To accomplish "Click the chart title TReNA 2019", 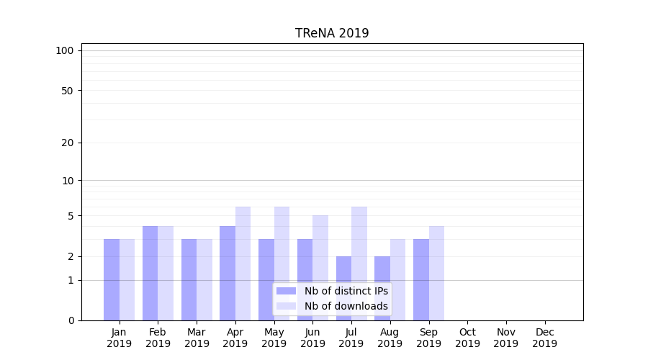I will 332,33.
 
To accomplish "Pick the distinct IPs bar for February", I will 150,273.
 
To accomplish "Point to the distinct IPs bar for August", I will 382,288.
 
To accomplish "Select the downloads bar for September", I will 436,273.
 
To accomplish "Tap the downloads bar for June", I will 320,268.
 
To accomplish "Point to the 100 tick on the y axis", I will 65,50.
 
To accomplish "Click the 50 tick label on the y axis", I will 68,91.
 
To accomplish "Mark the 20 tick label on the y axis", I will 68,143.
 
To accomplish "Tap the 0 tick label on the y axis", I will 71,320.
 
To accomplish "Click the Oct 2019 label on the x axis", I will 467,338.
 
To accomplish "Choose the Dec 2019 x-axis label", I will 544,338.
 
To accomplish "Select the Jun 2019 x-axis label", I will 312,338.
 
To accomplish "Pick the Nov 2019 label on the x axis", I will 506,338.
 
